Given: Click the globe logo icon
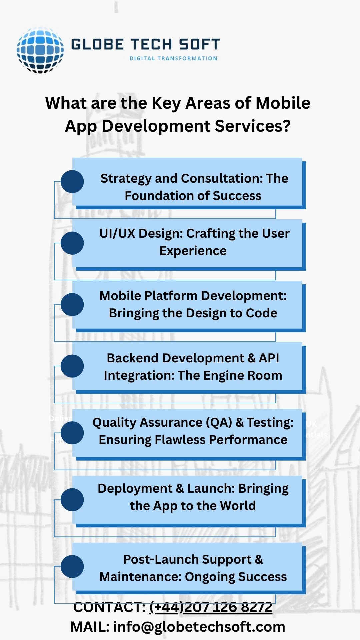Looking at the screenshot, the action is tap(40, 50).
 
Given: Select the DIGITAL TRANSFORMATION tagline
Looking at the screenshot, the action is tap(173, 58).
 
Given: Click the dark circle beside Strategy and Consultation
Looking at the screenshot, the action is tap(72, 182).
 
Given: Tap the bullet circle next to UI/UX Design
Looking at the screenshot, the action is tap(72, 243).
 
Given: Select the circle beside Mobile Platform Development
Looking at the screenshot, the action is tap(72, 304).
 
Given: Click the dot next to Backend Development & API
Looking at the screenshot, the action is tap(72, 366).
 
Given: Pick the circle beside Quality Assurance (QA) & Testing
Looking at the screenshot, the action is tap(72, 433).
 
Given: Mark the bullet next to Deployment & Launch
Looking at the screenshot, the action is tap(72, 500).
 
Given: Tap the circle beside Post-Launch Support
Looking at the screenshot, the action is tap(72, 566).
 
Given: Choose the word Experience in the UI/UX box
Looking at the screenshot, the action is tap(193, 251).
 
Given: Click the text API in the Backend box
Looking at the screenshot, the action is tap(269, 358).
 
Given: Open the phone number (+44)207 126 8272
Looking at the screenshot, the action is tap(211, 607).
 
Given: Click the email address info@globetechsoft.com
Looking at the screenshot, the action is tap(199, 627).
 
